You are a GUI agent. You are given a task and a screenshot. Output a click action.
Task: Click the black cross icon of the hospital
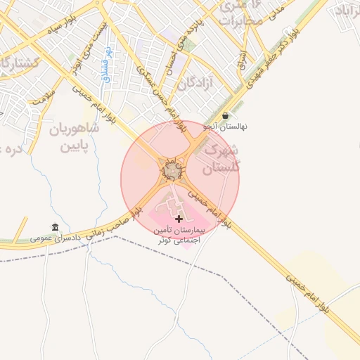pos(178,219)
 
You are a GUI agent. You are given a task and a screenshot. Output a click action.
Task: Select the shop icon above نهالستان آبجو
pos(224,116)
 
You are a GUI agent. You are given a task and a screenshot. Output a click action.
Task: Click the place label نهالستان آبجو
pos(225,127)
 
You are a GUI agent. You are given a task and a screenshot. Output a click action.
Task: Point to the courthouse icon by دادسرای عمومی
pos(55,226)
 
